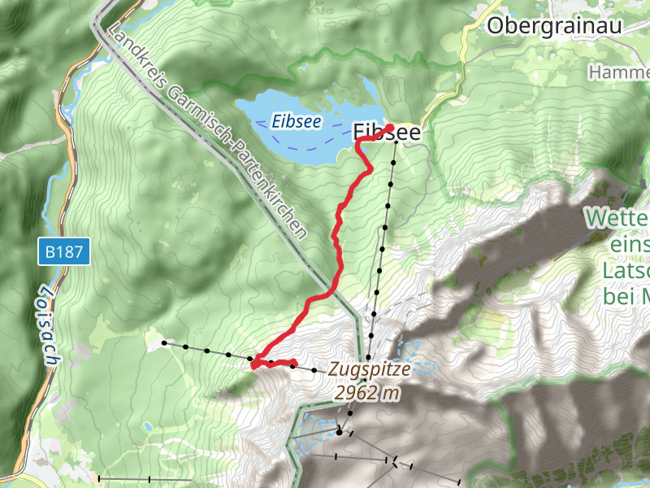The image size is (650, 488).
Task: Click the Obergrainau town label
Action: tap(554, 26)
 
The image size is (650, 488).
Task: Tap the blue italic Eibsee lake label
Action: tap(297, 122)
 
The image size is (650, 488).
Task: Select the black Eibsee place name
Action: tap(388, 133)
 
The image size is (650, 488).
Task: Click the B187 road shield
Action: tap(63, 252)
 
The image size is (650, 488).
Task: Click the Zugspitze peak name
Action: tap(370, 368)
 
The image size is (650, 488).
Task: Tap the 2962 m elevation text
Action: tap(368, 393)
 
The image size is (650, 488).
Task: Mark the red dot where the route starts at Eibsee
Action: tap(390, 128)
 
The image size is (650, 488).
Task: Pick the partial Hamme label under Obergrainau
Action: tap(619, 72)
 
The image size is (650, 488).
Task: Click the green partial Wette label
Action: tap(617, 219)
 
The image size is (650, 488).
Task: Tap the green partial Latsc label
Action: tap(626, 269)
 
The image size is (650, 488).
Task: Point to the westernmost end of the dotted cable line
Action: tap(164, 343)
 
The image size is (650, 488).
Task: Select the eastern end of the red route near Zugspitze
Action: tap(294, 363)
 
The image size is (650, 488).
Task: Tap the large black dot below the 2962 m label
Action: tap(340, 433)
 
